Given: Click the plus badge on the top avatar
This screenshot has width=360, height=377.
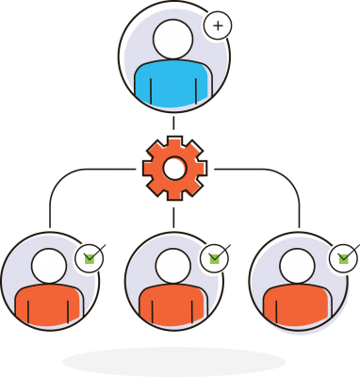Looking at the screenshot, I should [x=218, y=25].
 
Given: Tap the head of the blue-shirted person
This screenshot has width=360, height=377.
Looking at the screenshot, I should [x=172, y=40].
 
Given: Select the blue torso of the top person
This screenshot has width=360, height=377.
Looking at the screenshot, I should [x=170, y=85].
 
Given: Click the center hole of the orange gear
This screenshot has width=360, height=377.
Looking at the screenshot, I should [x=174, y=169].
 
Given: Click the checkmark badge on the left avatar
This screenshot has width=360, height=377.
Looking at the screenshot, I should [x=90, y=256].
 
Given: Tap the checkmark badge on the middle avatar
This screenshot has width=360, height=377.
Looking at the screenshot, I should [x=215, y=256].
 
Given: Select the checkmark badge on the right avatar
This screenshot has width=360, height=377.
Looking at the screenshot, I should [x=343, y=256].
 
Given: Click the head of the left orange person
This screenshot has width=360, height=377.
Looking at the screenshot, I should [x=49, y=266].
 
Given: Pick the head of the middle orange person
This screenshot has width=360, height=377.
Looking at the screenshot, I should [x=173, y=266].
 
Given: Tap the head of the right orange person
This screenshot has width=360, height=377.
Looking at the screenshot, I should [x=298, y=266].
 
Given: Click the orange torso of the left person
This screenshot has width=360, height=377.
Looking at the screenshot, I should [x=47, y=306].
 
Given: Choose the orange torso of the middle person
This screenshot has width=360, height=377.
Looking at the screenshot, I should [x=172, y=306].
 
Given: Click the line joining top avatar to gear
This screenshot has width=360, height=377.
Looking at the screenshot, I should [x=174, y=123].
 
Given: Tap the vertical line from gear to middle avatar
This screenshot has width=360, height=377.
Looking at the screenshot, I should [x=174, y=214].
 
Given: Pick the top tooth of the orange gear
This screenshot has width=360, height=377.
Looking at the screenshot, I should [x=174, y=142].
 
